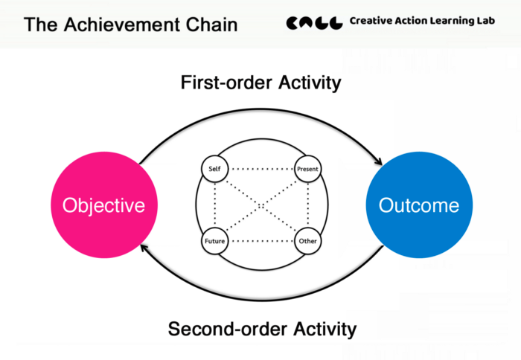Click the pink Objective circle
click(x=104, y=205)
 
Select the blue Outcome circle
click(x=419, y=205)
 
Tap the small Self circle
click(x=214, y=169)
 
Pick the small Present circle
click(x=307, y=169)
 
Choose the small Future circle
click(x=214, y=241)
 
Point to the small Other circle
click(x=307, y=241)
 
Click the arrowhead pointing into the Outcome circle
click(x=379, y=161)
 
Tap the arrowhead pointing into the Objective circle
click(x=144, y=248)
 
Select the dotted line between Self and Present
click(x=261, y=169)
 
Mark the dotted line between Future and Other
click(x=261, y=241)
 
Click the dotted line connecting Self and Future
click(x=215, y=205)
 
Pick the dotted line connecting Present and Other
click(x=308, y=205)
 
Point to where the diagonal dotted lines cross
click(x=261, y=206)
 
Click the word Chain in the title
click(x=211, y=25)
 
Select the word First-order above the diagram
click(x=227, y=83)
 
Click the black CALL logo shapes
click(x=314, y=23)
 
